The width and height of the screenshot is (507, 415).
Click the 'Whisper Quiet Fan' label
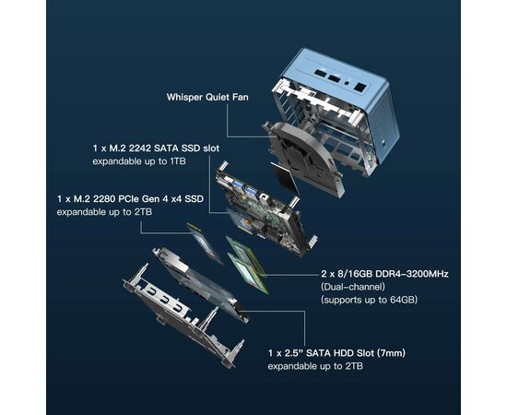tap(207, 97)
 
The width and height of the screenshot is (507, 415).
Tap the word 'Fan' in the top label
tap(241, 97)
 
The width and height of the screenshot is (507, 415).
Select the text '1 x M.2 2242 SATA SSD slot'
tap(156, 148)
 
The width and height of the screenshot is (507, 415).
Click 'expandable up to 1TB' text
tap(139, 161)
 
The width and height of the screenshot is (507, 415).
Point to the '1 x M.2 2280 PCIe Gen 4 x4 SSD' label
tap(130, 198)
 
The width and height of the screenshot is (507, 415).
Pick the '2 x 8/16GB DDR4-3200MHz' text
tap(384, 274)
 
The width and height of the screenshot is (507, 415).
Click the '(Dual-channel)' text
tap(353, 287)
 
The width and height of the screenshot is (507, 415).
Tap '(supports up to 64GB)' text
tap(369, 300)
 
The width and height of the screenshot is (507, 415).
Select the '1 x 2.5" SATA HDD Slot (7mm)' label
tap(336, 352)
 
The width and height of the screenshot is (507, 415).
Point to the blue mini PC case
tap(336, 107)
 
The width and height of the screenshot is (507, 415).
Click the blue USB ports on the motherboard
tap(244, 187)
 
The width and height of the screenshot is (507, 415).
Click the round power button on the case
tap(347, 83)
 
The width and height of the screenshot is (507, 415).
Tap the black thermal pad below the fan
tap(285, 178)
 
